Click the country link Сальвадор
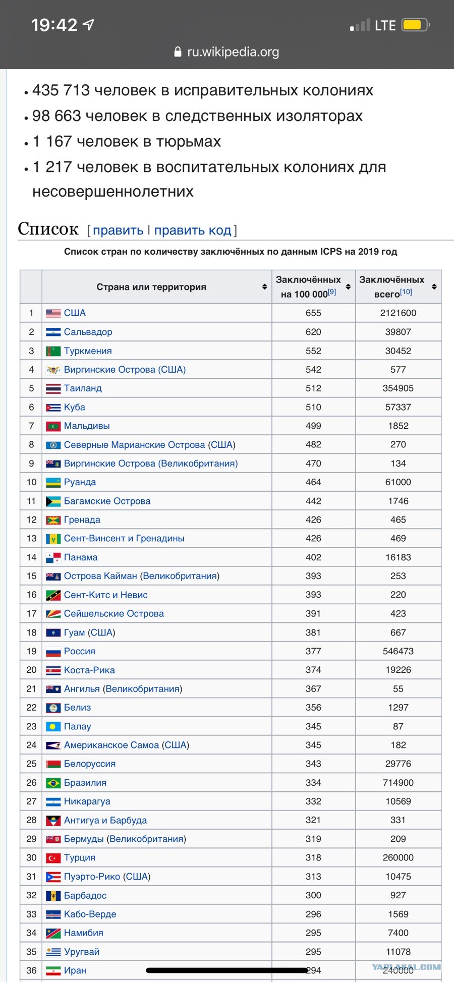pos(88,332)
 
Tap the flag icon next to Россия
pos(53,652)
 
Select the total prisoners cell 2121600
pos(398,313)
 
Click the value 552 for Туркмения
pos(313,351)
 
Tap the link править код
pos(193,230)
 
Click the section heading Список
pos(48,229)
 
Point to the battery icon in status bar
pos(416,25)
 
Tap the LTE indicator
pos(385,25)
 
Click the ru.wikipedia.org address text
pos(233,52)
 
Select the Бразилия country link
pos(85,783)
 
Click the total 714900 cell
pos(398,783)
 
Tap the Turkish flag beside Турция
pos(53,858)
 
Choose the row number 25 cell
pos(31,764)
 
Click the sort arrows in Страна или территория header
pos(264,287)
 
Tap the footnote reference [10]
pos(406,292)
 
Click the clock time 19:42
pos(54,25)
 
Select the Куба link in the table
pos(75,407)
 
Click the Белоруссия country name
pos(90,764)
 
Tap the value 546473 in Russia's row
pos(398,652)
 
